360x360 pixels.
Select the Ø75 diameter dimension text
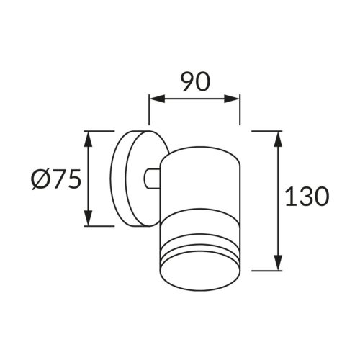point(55,179)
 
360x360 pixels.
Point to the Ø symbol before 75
point(39,179)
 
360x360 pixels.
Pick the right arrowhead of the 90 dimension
point(235,100)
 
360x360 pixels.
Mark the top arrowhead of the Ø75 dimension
point(88,137)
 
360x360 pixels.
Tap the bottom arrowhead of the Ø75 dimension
point(88,220)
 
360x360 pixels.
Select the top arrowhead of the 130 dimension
point(277,138)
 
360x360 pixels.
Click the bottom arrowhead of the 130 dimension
point(277,265)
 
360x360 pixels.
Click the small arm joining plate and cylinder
point(151,179)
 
